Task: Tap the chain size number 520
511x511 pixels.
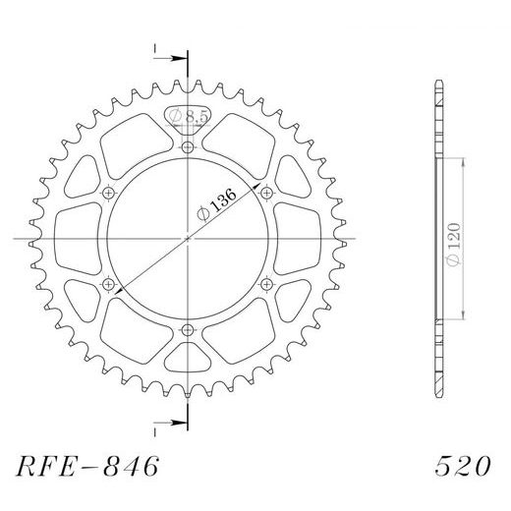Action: [x=459, y=465]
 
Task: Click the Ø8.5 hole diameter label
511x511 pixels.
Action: [x=187, y=116]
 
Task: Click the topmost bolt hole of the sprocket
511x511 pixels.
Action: [x=187, y=146]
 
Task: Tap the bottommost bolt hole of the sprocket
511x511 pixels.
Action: [x=187, y=331]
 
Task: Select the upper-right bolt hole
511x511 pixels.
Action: [x=266, y=193]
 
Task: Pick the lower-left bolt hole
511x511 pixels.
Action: [x=107, y=285]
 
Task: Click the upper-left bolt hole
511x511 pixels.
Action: [x=107, y=193]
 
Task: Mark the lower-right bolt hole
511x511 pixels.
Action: [x=266, y=285]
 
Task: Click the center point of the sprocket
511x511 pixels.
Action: [x=187, y=239]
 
